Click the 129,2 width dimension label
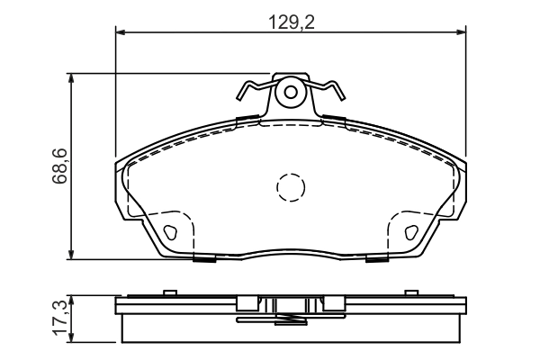click(x=292, y=22)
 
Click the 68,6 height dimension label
click(x=59, y=166)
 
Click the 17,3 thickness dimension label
click(x=59, y=318)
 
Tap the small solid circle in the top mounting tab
click(x=291, y=92)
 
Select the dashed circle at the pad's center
click(x=291, y=187)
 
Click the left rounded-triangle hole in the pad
click(x=169, y=232)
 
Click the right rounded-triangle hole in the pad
click(x=411, y=232)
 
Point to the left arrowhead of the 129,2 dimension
click(x=120, y=32)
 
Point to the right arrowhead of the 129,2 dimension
click(x=462, y=32)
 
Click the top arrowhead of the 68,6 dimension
click(x=71, y=78)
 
